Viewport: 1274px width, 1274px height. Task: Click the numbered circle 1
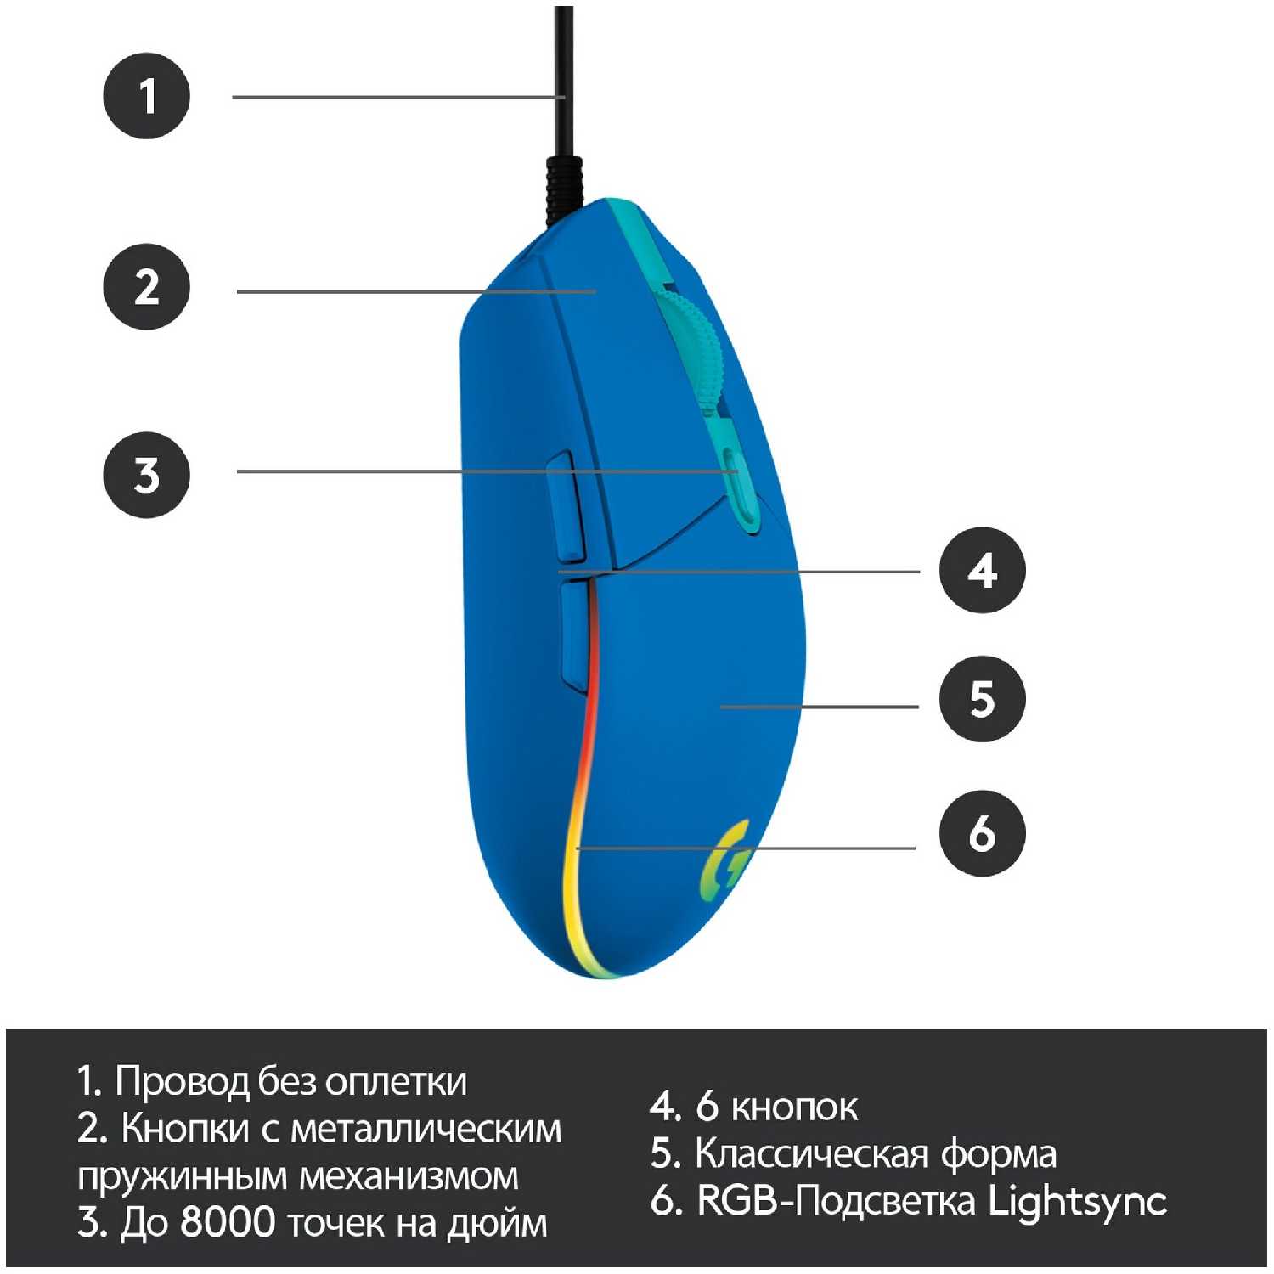click(x=146, y=96)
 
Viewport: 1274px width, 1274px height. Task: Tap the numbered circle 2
click(x=146, y=286)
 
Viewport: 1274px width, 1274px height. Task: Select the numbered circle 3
click(x=146, y=475)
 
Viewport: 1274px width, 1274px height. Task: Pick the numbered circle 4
click(x=982, y=570)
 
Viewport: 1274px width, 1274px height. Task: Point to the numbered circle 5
click(x=982, y=699)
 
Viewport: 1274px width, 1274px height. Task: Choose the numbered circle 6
click(x=982, y=832)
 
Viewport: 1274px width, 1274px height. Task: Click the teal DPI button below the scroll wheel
click(x=736, y=487)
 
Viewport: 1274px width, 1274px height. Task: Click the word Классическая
click(x=811, y=1153)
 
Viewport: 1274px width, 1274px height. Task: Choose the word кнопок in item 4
click(x=794, y=1107)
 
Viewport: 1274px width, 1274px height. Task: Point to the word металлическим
click(x=426, y=1130)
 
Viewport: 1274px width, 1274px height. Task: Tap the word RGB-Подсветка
click(x=836, y=1201)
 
